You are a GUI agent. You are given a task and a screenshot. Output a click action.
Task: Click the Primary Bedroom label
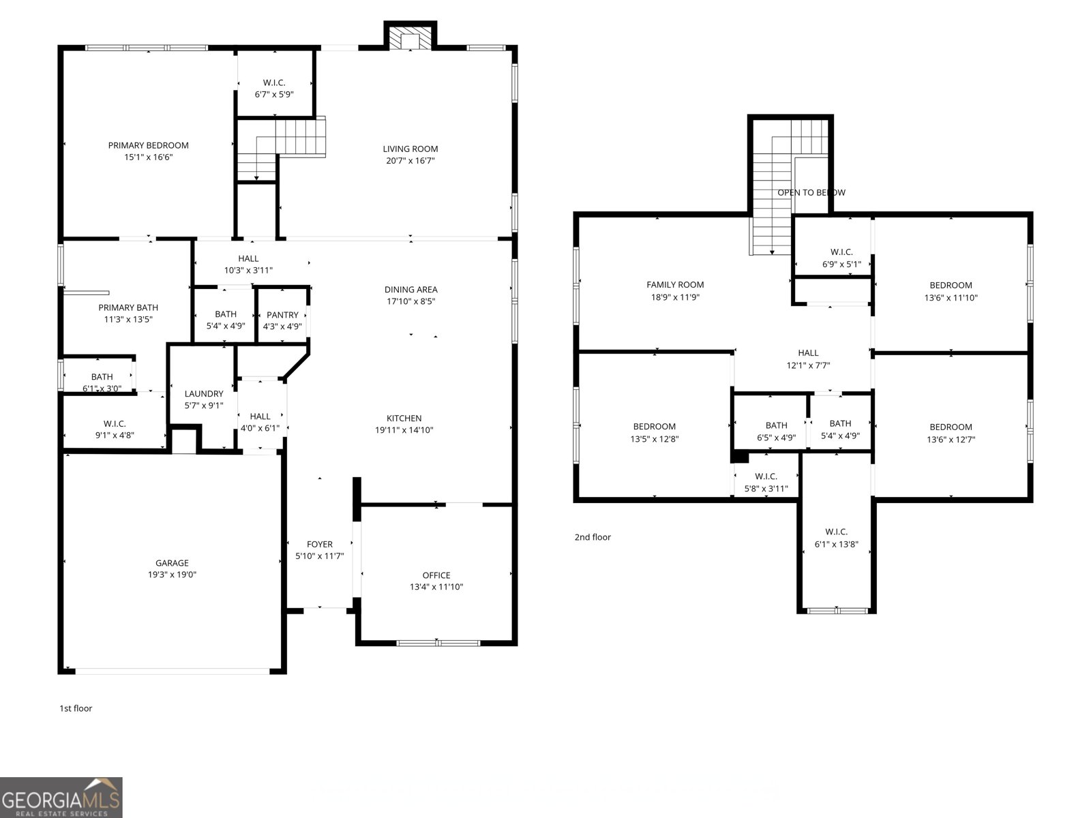(148, 145)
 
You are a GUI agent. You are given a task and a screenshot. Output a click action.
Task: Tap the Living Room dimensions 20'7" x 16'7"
(410, 161)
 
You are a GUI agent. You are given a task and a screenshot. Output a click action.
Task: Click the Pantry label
(282, 315)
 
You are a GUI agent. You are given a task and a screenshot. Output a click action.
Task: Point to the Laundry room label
(204, 394)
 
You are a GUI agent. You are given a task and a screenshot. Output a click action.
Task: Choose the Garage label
(172, 563)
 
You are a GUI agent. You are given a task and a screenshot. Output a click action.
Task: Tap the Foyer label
(319, 544)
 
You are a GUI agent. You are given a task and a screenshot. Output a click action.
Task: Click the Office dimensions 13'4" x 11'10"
(436, 587)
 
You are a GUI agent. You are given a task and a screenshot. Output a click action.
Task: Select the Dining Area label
(410, 290)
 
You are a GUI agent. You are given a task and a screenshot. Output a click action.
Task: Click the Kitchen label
(404, 419)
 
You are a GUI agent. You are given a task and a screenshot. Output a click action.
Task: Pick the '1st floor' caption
(76, 708)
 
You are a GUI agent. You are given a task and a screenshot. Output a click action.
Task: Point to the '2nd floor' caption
(593, 537)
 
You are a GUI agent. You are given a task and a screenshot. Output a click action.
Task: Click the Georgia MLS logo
(61, 798)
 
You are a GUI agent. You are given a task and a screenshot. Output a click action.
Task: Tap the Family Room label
(675, 285)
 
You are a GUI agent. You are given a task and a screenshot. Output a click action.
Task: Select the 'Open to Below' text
(811, 193)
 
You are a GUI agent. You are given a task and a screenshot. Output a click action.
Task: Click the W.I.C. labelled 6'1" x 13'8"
(836, 538)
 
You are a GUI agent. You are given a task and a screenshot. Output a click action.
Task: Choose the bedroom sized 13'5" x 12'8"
(654, 433)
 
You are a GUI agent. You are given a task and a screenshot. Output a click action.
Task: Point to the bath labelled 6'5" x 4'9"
(776, 431)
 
